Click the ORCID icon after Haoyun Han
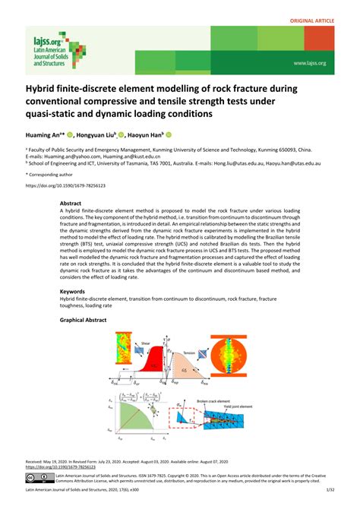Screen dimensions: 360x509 [x=190, y=134]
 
